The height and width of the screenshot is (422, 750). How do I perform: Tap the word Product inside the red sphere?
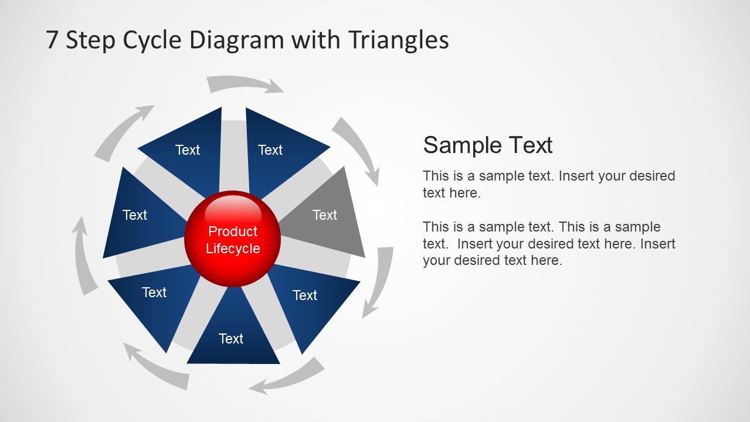(x=233, y=232)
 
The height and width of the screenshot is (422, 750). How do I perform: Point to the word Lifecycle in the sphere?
(x=233, y=249)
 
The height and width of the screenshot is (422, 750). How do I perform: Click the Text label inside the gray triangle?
(x=324, y=215)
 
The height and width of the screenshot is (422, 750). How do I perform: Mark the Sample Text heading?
(x=488, y=145)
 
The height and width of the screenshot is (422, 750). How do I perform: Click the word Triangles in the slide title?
(x=398, y=40)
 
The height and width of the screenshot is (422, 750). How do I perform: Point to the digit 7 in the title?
(x=52, y=40)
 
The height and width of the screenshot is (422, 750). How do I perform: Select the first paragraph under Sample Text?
(x=548, y=184)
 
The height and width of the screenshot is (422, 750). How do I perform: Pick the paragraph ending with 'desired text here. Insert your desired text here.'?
(x=548, y=243)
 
